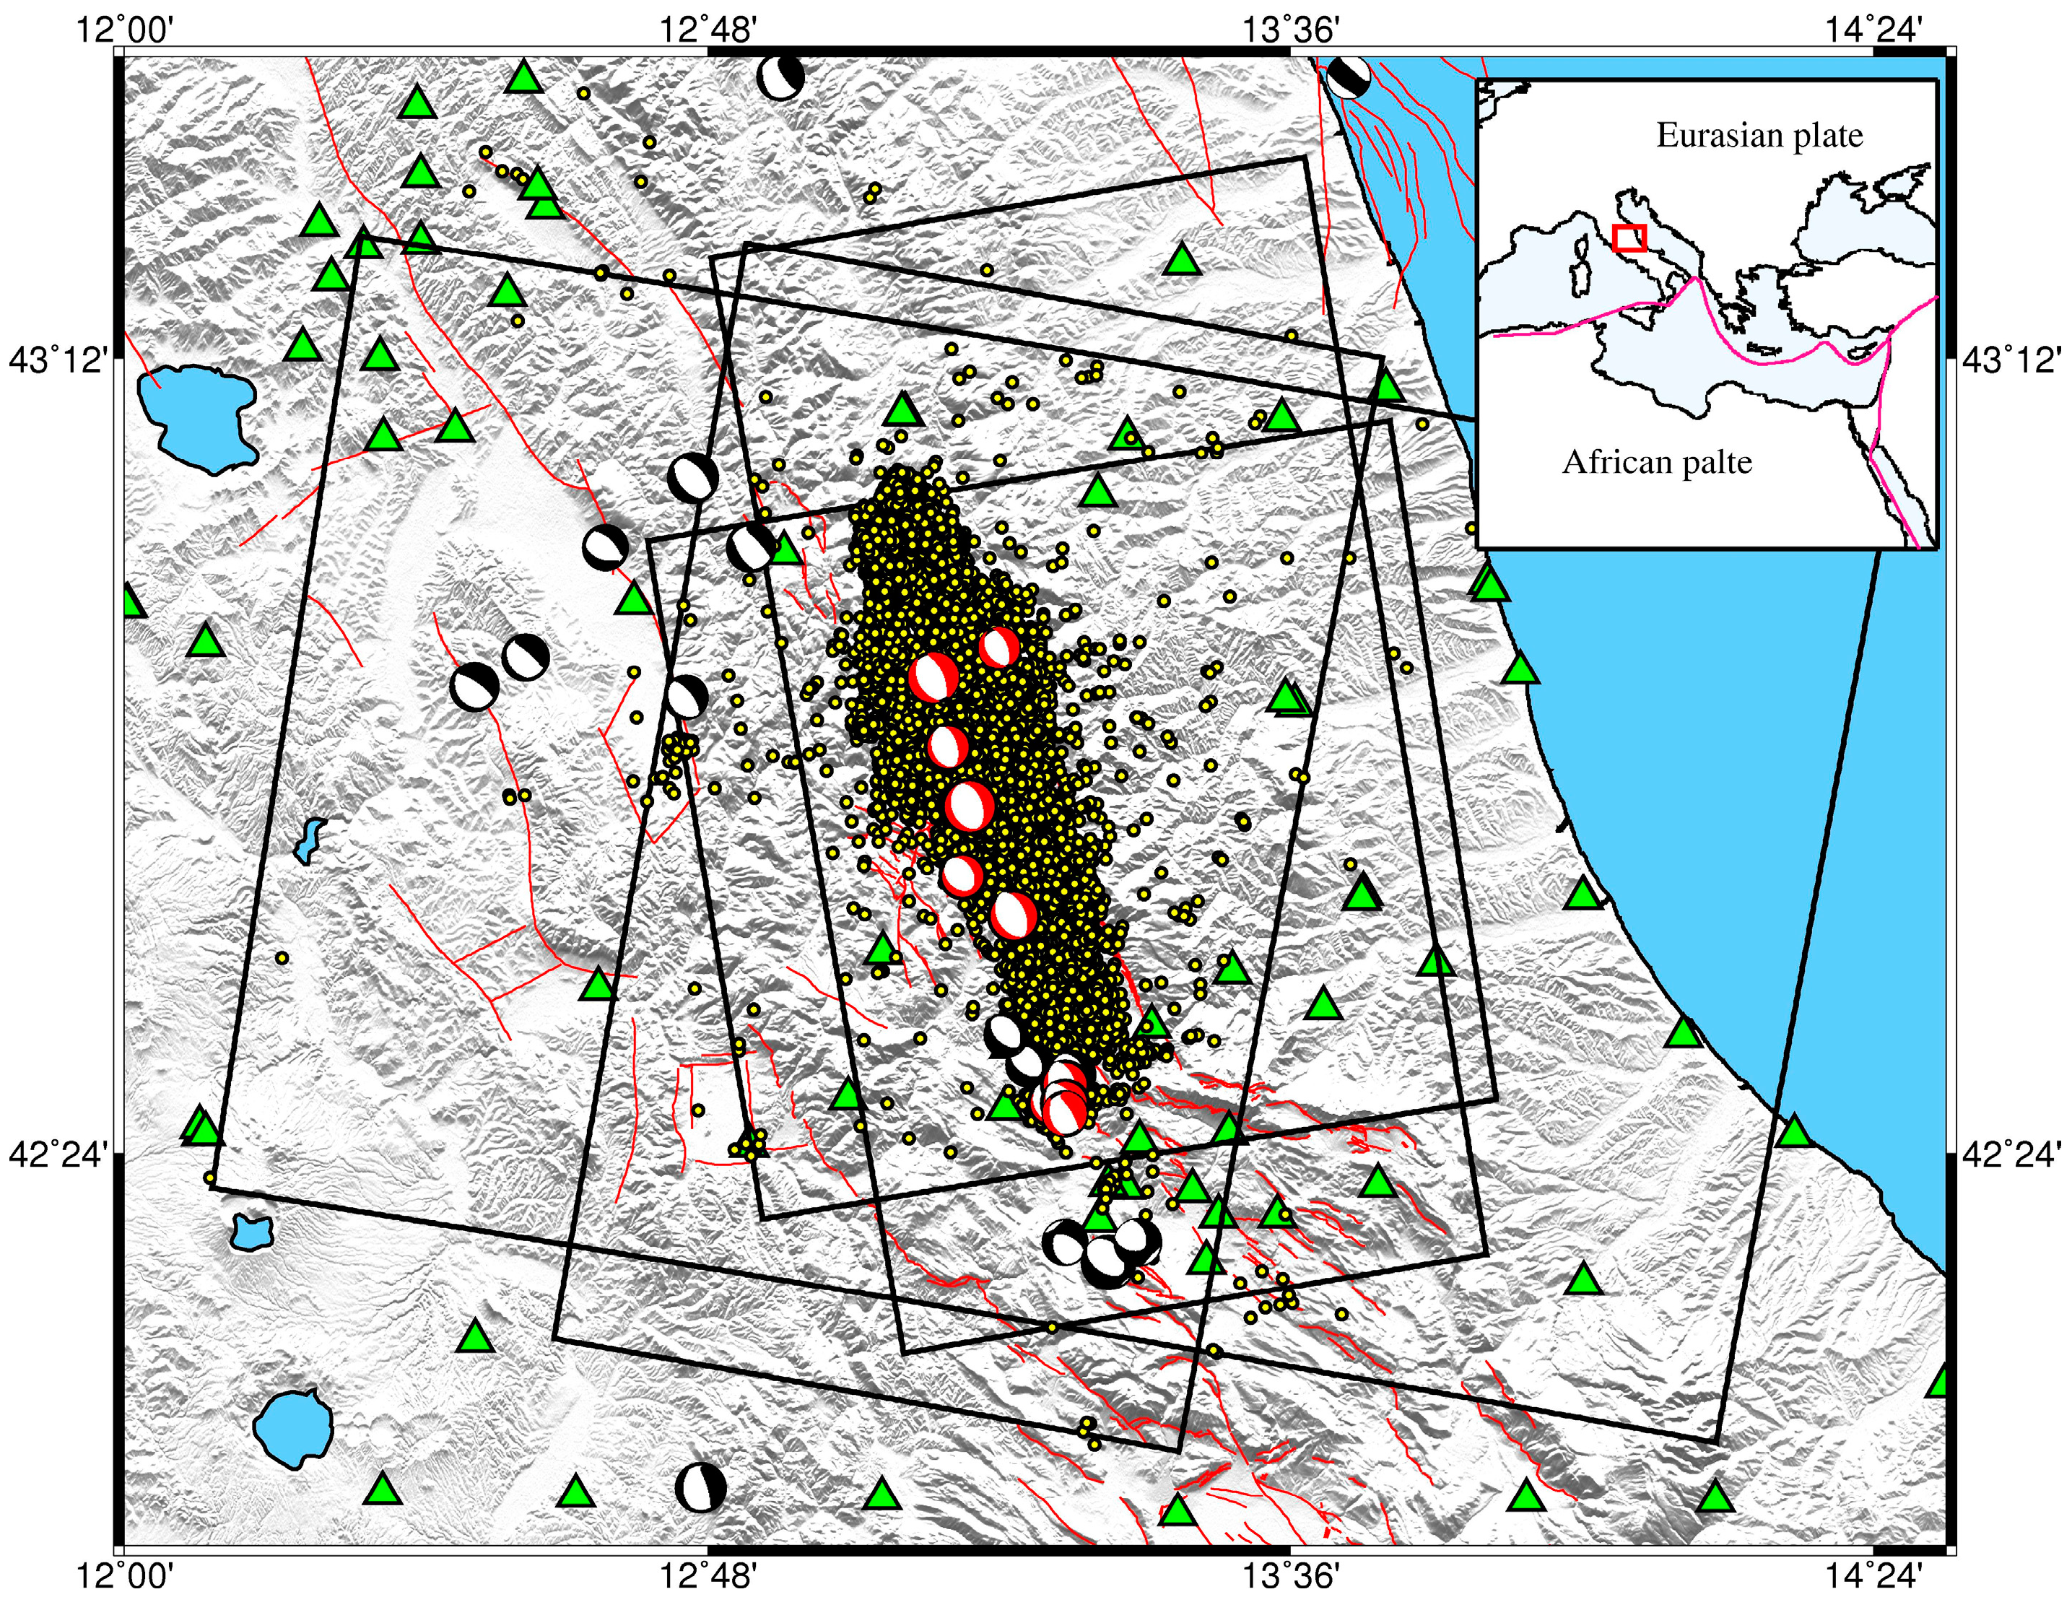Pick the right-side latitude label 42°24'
(x=2011, y=1156)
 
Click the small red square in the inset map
(x=1629, y=238)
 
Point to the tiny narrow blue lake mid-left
(x=308, y=840)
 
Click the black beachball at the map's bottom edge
(x=701, y=1487)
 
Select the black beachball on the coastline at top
(x=1348, y=76)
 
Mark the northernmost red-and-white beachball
(x=998, y=649)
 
